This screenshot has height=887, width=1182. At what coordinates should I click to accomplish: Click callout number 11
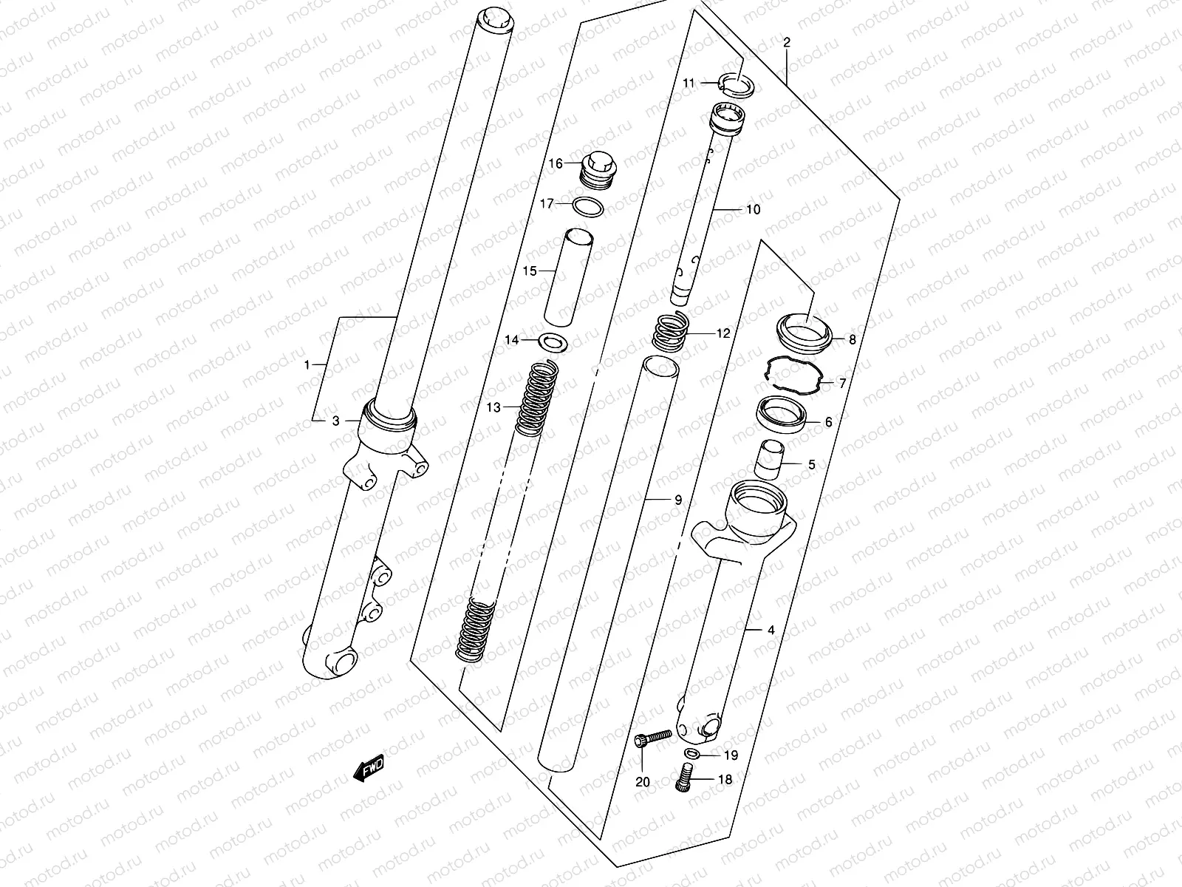click(689, 84)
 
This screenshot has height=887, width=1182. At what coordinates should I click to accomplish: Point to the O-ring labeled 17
click(588, 208)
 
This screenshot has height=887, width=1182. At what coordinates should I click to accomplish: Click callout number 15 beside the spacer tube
click(530, 271)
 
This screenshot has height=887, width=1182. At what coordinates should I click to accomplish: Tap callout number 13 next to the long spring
click(493, 407)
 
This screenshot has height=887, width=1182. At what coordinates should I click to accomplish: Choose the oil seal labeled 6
click(782, 414)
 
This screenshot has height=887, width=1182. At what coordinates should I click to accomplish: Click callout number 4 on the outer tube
click(771, 631)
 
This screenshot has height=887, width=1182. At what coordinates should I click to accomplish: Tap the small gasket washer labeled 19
click(691, 754)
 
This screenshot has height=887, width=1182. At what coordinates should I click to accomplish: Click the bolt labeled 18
click(683, 779)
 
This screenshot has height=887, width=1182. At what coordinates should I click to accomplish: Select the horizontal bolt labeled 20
click(654, 737)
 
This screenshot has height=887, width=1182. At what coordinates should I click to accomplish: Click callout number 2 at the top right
click(787, 43)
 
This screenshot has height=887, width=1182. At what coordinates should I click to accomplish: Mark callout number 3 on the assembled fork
click(335, 421)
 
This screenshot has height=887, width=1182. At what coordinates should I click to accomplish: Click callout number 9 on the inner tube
click(677, 500)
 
